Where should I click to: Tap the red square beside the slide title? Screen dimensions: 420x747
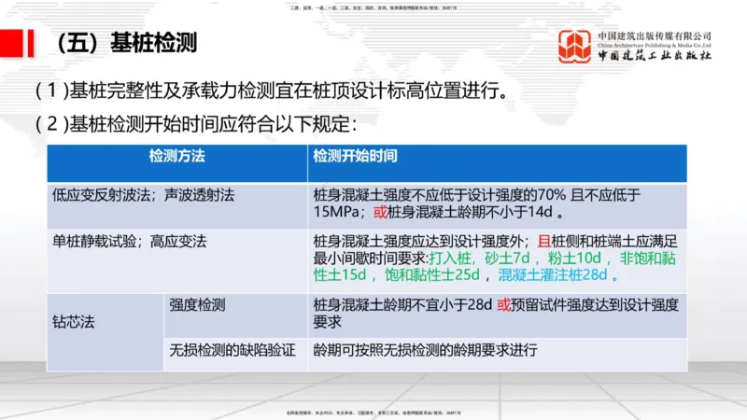[x=12, y=43]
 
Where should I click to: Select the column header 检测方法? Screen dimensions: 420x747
[x=176, y=154]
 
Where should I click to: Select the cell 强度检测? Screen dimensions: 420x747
[x=197, y=304]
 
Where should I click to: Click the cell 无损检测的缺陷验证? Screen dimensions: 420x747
[x=233, y=351]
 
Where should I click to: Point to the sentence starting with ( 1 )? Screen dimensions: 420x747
[x=271, y=92]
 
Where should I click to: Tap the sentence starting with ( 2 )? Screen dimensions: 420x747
[x=196, y=122]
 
